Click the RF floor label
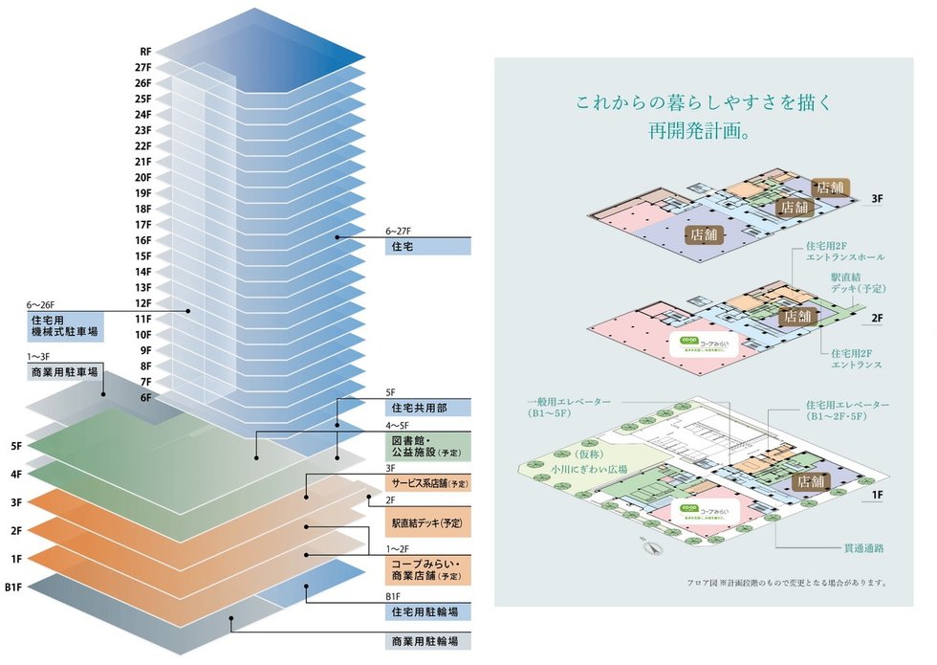(x=145, y=52)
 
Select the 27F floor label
(x=144, y=67)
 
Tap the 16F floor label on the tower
(x=143, y=240)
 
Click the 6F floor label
(x=144, y=397)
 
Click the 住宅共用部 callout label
(x=429, y=408)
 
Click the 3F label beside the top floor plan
(x=877, y=200)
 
